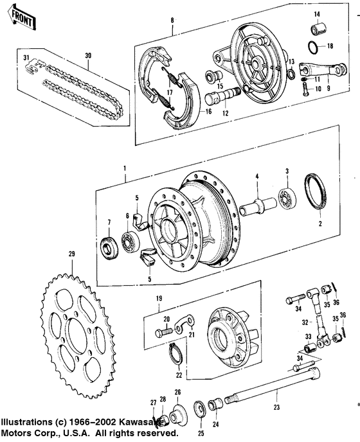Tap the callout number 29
[x=73, y=255]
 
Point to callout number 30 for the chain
[x=87, y=55]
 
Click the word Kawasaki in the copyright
[x=148, y=421]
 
